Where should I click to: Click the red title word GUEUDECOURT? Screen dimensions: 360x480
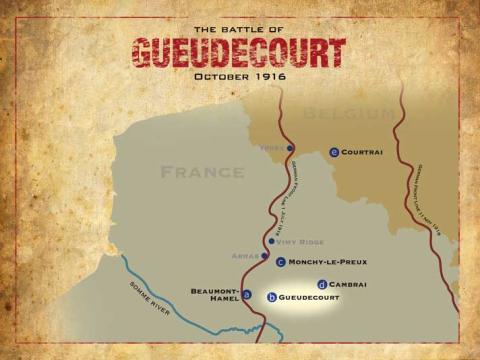point(239,53)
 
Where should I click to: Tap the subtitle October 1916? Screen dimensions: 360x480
point(239,77)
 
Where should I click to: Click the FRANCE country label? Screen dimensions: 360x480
point(203,172)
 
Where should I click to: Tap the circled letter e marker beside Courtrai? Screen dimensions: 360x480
point(334,152)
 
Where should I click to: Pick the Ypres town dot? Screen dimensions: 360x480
point(290,148)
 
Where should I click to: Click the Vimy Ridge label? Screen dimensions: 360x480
point(305,241)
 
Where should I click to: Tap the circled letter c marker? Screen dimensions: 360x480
point(281,262)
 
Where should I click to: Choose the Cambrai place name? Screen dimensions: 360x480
point(347,284)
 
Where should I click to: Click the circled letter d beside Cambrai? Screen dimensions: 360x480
point(321,284)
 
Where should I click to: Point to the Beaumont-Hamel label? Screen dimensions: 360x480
point(213,295)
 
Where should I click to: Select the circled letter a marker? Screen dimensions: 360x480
point(247,294)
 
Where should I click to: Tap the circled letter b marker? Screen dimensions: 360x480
point(272,297)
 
